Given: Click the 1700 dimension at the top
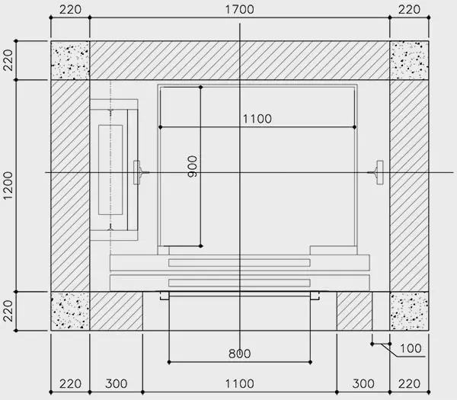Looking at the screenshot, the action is coord(240,10).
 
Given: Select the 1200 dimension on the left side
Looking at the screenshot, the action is coord(8,185).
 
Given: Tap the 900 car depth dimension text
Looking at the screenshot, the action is coord(193,166).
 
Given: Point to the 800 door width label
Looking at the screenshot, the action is coord(240,354).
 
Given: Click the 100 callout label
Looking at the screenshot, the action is coord(411,348).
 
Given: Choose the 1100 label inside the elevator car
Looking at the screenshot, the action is coord(257,119).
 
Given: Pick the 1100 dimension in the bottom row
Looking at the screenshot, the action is coord(240,384).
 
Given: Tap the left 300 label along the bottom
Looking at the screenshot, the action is coord(117,384).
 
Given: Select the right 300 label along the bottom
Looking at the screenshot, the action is coord(363,384).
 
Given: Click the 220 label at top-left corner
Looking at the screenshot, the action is coord(70,10).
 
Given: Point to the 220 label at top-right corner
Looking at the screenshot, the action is coord(409,10).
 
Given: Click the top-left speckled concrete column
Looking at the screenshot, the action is coord(70,60).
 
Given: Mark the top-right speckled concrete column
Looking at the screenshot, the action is coord(409,60).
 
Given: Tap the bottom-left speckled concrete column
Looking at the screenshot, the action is coord(70,311).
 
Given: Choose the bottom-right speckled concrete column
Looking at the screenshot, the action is coord(409,311).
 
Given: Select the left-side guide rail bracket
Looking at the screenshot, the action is coord(140,172).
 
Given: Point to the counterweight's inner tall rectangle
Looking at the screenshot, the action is coord(110,170).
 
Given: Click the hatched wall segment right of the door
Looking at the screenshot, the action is coord(354,311).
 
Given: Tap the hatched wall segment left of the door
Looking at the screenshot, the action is coord(117,311).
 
